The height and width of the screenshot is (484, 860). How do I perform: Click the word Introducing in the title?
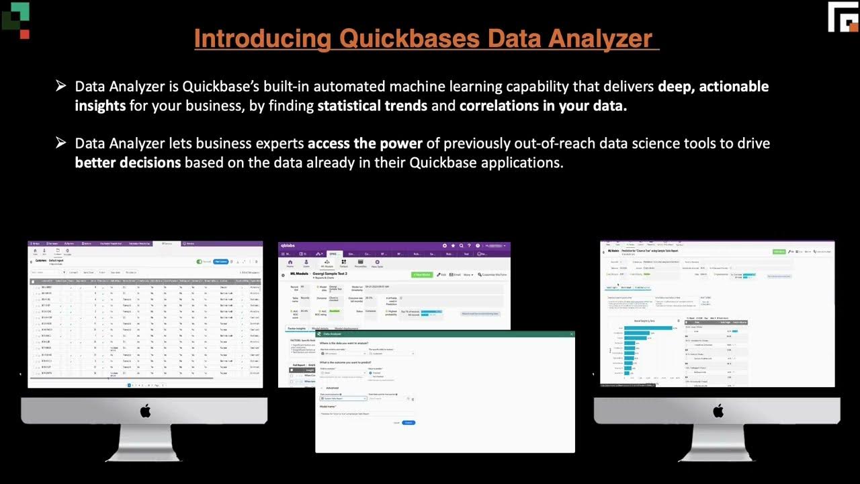pyautogui.click(x=263, y=38)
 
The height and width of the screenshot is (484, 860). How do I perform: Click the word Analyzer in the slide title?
pyautogui.click(x=600, y=38)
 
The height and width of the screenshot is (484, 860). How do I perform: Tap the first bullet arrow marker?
pyautogui.click(x=61, y=86)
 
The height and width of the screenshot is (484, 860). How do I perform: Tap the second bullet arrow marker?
pyautogui.click(x=61, y=143)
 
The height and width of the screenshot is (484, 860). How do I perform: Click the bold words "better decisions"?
pyautogui.click(x=128, y=163)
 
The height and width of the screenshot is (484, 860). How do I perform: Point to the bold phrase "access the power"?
pyautogui.click(x=365, y=143)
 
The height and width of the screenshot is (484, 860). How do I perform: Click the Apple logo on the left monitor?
pyautogui.click(x=145, y=411)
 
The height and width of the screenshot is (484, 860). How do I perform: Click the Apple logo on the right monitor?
pyautogui.click(x=718, y=411)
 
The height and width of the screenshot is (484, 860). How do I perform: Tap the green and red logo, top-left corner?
pyautogui.click(x=16, y=18)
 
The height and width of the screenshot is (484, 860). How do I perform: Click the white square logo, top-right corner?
pyautogui.click(x=843, y=17)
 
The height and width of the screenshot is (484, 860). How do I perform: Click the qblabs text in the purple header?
pyautogui.click(x=288, y=246)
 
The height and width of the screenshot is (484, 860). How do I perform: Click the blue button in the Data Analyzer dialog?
pyautogui.click(x=408, y=422)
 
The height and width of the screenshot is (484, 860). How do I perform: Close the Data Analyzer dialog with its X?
pyautogui.click(x=572, y=333)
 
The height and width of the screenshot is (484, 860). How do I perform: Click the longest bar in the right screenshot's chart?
pyautogui.click(x=648, y=328)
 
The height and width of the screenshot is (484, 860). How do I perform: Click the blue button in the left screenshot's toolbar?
pyautogui.click(x=221, y=261)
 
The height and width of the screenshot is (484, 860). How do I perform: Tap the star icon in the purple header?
pyautogui.click(x=454, y=246)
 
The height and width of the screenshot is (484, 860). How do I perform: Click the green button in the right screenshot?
pyautogui.click(x=779, y=251)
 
